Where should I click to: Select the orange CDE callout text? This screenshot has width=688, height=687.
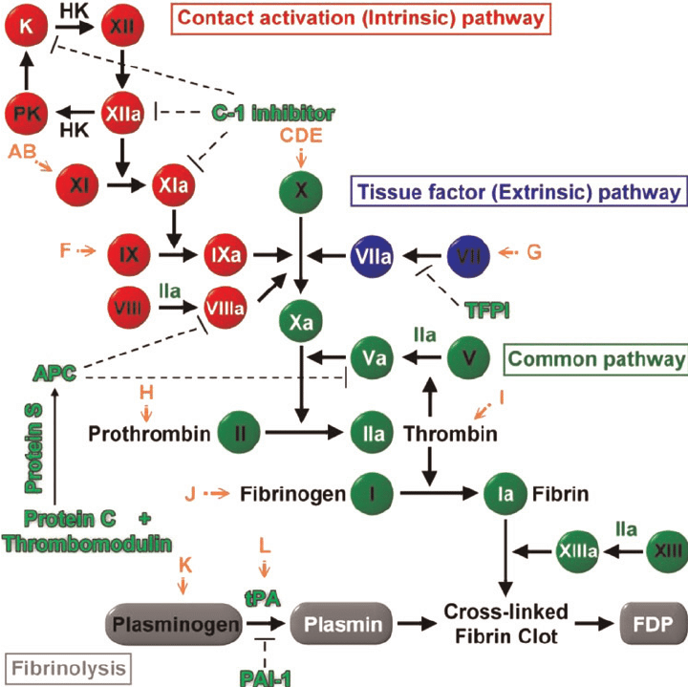[302, 135]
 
